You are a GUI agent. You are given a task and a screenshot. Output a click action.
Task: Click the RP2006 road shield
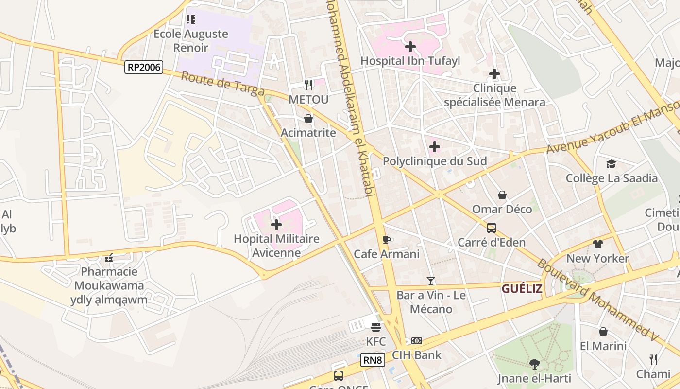(143, 67)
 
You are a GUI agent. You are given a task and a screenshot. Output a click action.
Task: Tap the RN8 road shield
(373, 360)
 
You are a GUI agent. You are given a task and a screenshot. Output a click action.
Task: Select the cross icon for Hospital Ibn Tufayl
(410, 47)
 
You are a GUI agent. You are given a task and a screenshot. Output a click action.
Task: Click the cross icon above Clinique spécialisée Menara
(494, 74)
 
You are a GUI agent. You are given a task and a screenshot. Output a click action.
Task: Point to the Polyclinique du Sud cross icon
(435, 147)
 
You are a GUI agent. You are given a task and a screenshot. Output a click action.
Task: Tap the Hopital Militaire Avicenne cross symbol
(276, 225)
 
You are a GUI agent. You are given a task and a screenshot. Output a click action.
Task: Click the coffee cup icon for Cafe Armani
(387, 240)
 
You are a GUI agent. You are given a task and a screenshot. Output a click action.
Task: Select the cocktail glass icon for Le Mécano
(431, 281)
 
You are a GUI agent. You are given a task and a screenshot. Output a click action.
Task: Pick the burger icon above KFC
(376, 327)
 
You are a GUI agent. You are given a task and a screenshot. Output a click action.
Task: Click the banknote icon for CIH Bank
(417, 341)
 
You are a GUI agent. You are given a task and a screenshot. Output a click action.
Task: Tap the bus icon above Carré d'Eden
(492, 228)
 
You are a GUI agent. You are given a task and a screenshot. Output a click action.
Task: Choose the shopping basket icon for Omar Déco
(502, 195)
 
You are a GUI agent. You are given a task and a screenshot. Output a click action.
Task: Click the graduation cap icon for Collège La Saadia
(611, 164)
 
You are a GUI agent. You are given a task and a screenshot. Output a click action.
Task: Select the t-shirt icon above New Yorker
(597, 244)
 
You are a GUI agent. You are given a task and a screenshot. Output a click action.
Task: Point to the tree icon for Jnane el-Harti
(535, 364)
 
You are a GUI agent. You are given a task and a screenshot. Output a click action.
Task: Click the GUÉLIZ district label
(522, 289)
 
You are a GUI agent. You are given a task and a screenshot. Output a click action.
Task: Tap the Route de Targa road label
(223, 84)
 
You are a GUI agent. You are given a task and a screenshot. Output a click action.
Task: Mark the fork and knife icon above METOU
(308, 85)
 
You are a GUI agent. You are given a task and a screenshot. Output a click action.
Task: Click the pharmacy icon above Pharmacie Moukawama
(109, 257)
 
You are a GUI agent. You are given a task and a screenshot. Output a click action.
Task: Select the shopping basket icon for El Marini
(603, 332)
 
